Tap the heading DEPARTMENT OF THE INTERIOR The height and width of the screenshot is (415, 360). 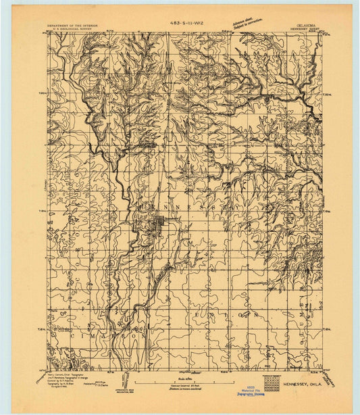tap(73, 27)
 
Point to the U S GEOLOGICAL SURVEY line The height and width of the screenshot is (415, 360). tap(73, 31)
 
